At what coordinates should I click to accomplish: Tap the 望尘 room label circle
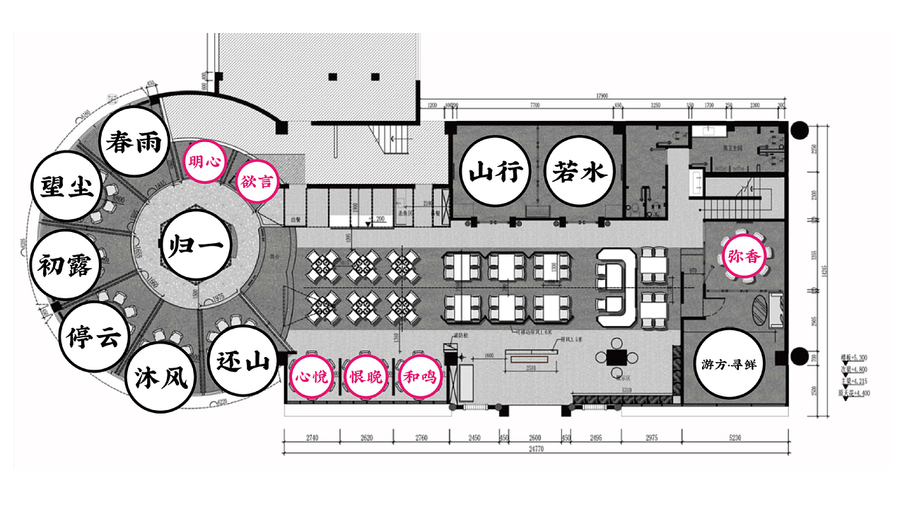[x=69, y=187]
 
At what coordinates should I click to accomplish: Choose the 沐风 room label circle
[x=159, y=379]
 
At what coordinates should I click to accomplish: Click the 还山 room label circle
[x=243, y=363]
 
